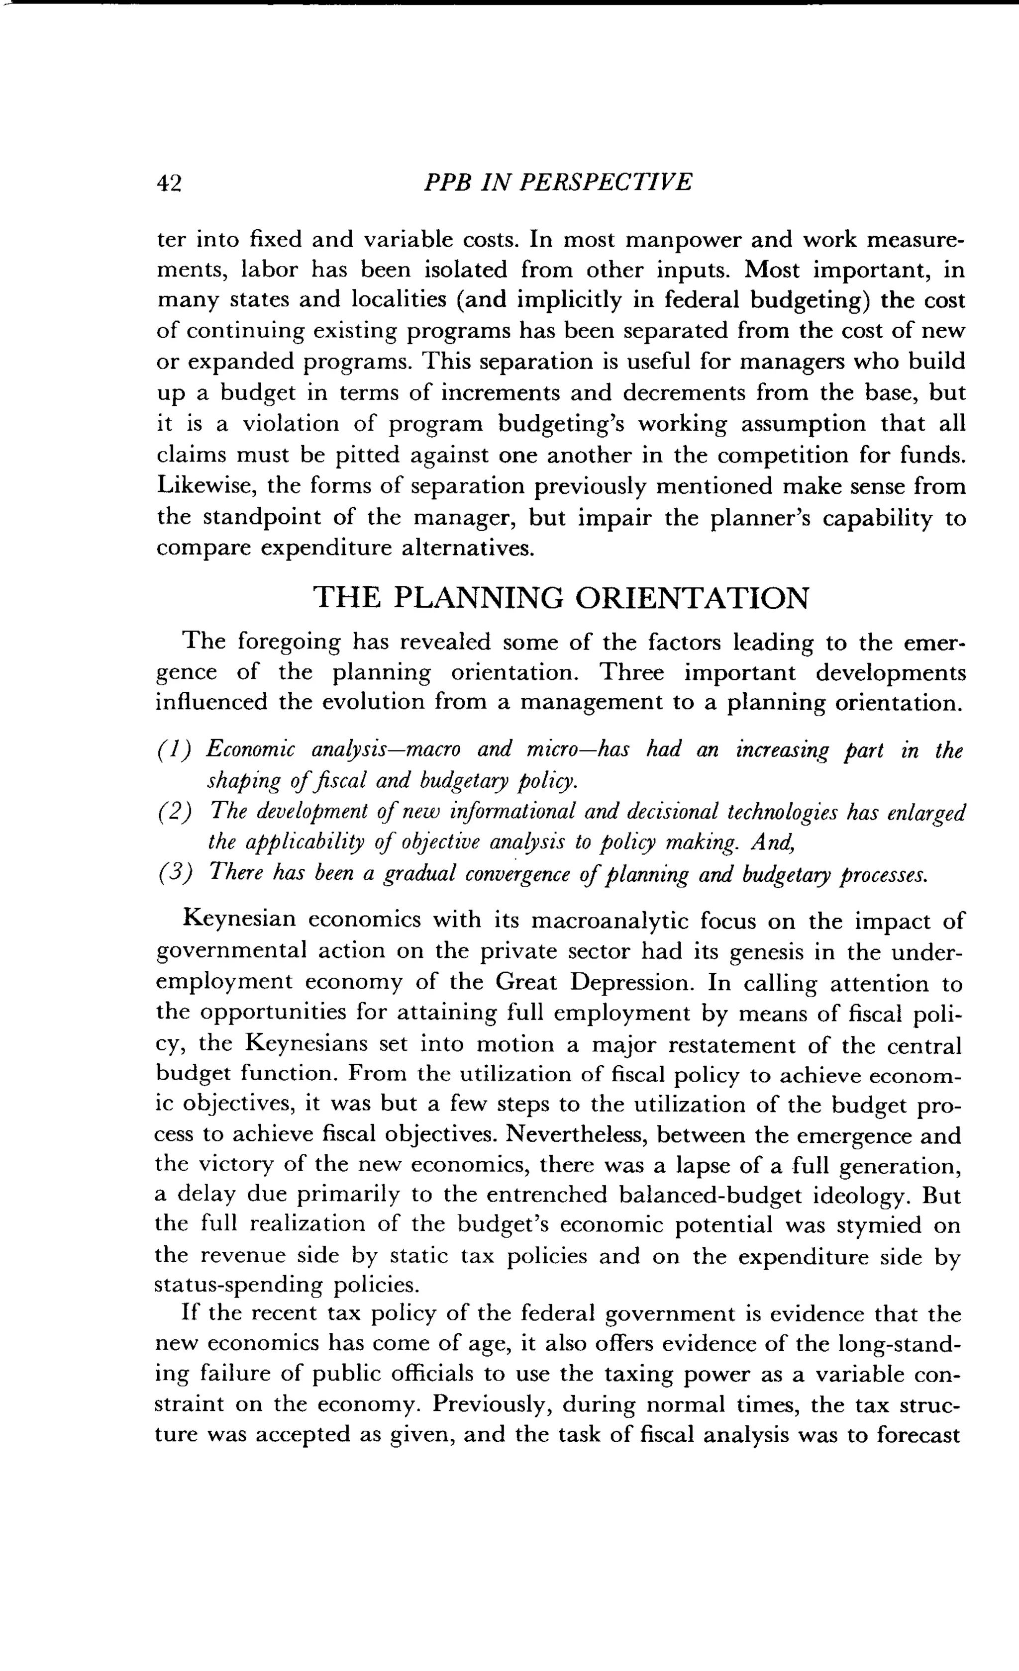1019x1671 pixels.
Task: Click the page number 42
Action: [x=170, y=183]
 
